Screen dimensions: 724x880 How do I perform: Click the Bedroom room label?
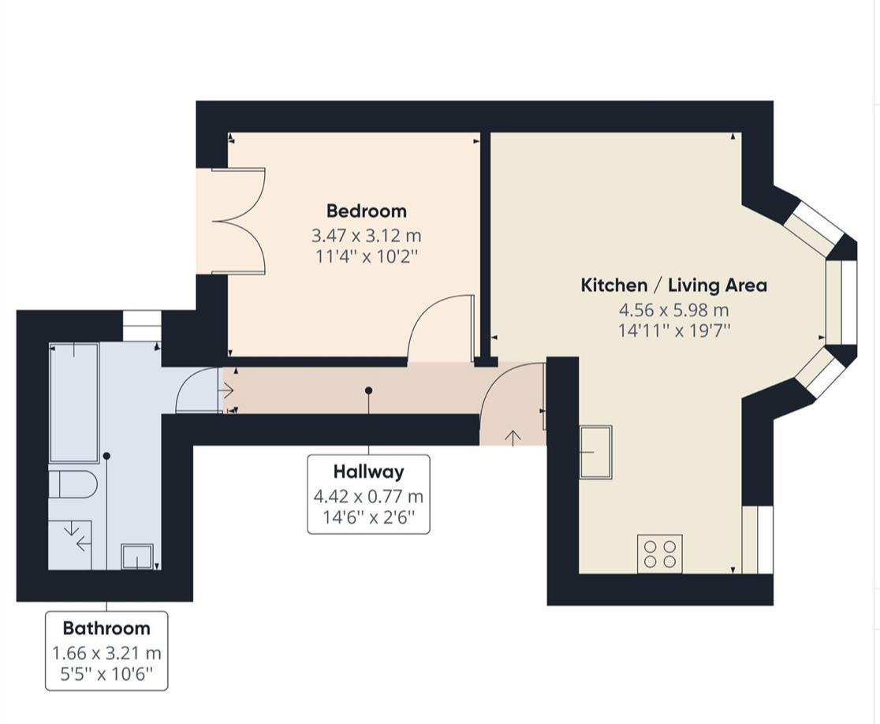click(367, 211)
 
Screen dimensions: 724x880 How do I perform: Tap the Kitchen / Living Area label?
click(673, 285)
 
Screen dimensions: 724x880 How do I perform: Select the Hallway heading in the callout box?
click(368, 472)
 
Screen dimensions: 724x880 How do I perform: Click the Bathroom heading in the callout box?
click(106, 628)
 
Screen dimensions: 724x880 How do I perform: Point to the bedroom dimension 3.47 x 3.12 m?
click(367, 235)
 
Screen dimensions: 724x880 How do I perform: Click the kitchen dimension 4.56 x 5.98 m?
click(673, 310)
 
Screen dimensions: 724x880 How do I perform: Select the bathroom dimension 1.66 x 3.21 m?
click(106, 653)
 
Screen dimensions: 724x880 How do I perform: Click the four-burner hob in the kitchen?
click(660, 552)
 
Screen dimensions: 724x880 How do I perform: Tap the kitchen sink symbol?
click(595, 451)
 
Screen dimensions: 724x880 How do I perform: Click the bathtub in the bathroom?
click(74, 402)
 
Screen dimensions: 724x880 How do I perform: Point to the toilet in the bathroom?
click(73, 484)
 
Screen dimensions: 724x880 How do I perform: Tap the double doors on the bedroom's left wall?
click(237, 221)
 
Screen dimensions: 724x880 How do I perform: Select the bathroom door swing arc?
click(197, 391)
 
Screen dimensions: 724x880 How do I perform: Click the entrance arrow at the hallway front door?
click(513, 436)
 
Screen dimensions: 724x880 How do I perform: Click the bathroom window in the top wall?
click(142, 324)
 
